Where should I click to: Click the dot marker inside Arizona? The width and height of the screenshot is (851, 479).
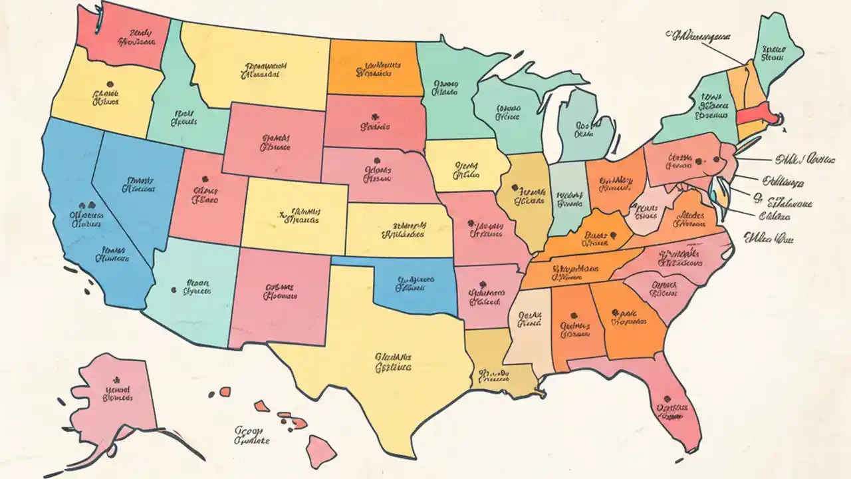pos(174,290)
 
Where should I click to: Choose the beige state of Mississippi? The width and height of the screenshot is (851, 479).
pos(530,326)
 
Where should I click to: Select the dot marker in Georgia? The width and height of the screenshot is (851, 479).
pos(615,311)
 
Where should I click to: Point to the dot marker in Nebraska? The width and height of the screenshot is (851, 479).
pos(377,160)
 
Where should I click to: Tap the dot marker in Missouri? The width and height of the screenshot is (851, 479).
pos(470,223)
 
